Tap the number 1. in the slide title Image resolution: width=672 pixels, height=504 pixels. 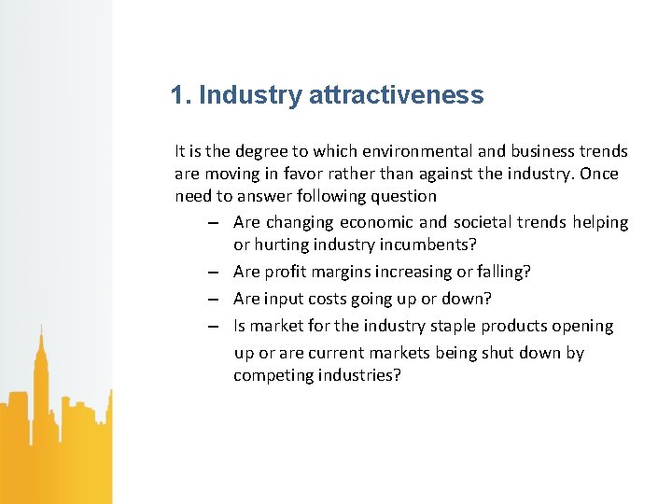[181, 95]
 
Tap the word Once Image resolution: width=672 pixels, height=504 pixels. [599, 174]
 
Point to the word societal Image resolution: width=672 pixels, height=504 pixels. [484, 222]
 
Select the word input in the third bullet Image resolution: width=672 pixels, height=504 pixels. [285, 299]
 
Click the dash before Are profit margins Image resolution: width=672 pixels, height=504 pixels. [214, 273]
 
